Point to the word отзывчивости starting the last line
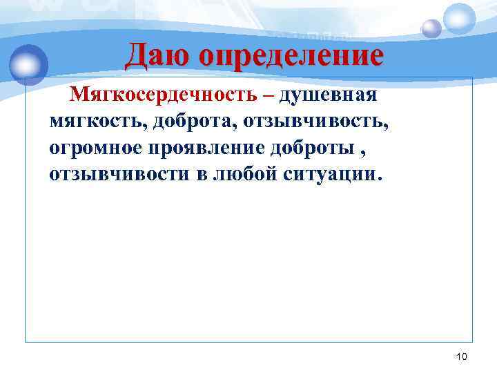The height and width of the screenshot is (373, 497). (x=118, y=173)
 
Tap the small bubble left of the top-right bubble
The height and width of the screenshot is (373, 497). (x=431, y=28)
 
